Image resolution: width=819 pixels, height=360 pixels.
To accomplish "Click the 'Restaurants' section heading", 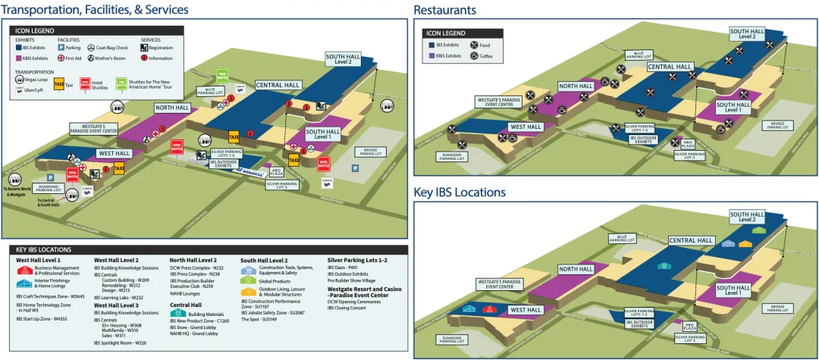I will click(444, 10).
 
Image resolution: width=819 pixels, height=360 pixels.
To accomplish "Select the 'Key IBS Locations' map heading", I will click(460, 193).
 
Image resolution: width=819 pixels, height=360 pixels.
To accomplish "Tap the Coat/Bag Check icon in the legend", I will click(92, 48).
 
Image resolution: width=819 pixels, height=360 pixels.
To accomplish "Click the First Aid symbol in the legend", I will click(61, 58).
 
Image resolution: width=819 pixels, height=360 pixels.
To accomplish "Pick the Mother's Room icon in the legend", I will click(91, 58).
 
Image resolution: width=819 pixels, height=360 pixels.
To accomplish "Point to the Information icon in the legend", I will click(145, 58).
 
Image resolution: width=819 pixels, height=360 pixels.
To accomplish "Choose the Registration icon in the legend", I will click(145, 48).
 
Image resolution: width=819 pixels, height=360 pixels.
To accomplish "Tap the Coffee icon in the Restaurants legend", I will click(475, 55).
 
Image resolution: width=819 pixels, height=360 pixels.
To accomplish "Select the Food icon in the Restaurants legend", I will click(475, 45).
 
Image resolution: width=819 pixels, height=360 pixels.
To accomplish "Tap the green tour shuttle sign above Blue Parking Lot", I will click(222, 75).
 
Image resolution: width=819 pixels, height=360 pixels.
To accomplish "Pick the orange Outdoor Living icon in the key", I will click(247, 291).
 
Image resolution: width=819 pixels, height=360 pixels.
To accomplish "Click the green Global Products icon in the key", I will click(247, 280).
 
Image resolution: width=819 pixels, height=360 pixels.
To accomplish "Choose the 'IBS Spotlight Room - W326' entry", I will click(120, 343).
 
